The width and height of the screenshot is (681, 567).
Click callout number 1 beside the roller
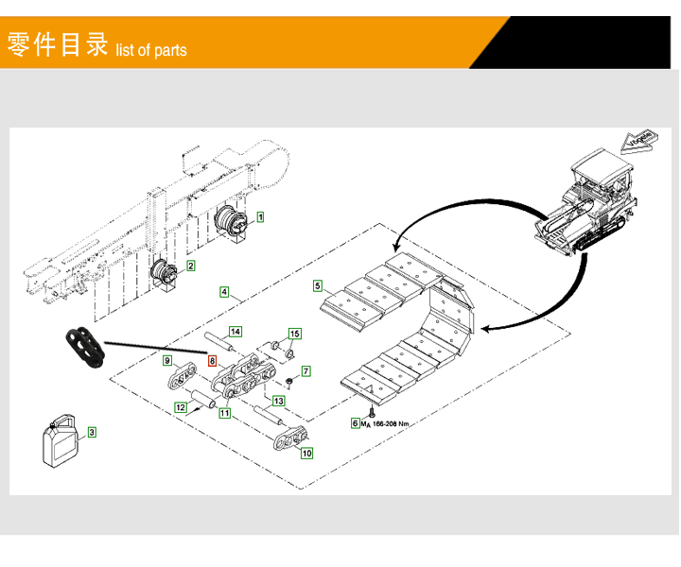pyautogui.click(x=261, y=216)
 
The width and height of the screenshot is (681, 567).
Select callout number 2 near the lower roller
pyautogui.click(x=190, y=266)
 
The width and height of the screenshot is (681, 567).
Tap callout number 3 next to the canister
pyautogui.click(x=92, y=433)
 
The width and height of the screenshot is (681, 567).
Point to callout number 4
pyautogui.click(x=224, y=292)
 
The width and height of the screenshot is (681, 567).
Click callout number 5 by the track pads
pyautogui.click(x=319, y=285)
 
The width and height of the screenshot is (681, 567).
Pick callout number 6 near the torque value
pyautogui.click(x=356, y=423)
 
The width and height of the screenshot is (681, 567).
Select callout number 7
pyautogui.click(x=306, y=372)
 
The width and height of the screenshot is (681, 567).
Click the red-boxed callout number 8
pyautogui.click(x=212, y=360)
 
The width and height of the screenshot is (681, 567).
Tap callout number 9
pyautogui.click(x=166, y=360)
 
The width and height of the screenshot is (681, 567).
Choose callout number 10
pyautogui.click(x=306, y=454)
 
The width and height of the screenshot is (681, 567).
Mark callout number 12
pyautogui.click(x=180, y=407)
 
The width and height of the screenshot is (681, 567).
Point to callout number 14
pyautogui.click(x=236, y=332)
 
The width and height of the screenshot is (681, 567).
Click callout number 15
pyautogui.click(x=294, y=335)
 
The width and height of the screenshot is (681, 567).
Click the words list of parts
pyautogui.click(x=151, y=50)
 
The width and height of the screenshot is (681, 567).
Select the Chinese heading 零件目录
pyautogui.click(x=58, y=44)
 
